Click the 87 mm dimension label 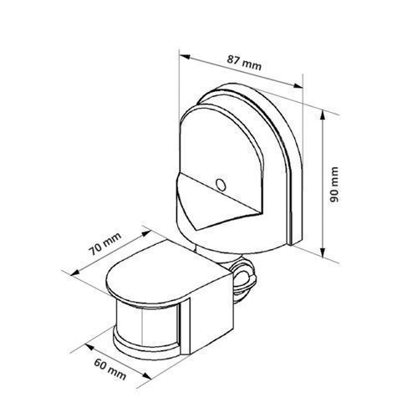click(x=244, y=63)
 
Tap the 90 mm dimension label click(x=334, y=185)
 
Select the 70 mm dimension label click(x=104, y=244)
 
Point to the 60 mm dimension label click(x=110, y=370)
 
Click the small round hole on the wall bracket click(x=221, y=185)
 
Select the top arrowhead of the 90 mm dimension click(x=323, y=115)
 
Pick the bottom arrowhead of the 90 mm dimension click(x=323, y=252)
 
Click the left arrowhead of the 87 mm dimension click(x=185, y=57)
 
